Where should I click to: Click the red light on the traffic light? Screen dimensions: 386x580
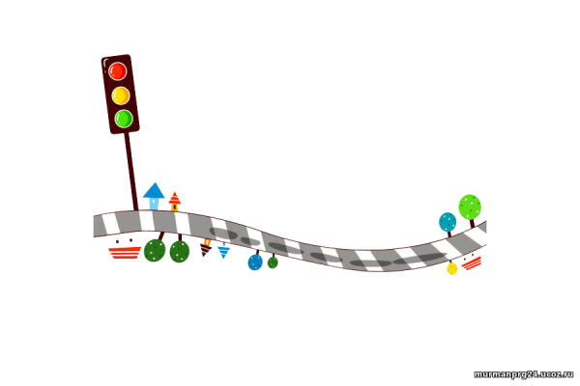point(118,70)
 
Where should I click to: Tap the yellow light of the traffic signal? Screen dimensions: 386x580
point(121,96)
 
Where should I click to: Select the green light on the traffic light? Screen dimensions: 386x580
point(124,119)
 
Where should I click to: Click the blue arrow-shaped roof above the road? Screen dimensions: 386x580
point(154,190)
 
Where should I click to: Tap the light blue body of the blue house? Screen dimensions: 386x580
point(154,204)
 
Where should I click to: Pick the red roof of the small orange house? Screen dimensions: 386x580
point(174,197)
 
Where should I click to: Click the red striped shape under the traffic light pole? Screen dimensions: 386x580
point(124,252)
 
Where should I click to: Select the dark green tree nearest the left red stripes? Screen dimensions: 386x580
point(154,251)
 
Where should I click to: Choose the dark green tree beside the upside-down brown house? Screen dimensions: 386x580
point(179,252)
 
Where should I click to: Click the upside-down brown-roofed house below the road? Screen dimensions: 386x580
point(206,248)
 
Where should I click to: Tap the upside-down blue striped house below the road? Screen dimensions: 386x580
point(223,252)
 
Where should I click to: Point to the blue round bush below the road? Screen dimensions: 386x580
point(255,262)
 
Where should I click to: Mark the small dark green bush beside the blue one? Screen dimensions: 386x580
point(273,262)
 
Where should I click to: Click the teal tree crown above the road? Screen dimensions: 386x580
point(447,222)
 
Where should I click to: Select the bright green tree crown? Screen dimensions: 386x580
point(470,207)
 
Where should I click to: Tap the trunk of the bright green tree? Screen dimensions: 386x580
point(471,225)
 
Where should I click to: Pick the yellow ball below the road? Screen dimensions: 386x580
point(452,268)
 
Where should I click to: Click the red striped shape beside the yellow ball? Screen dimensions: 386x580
point(472,263)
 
